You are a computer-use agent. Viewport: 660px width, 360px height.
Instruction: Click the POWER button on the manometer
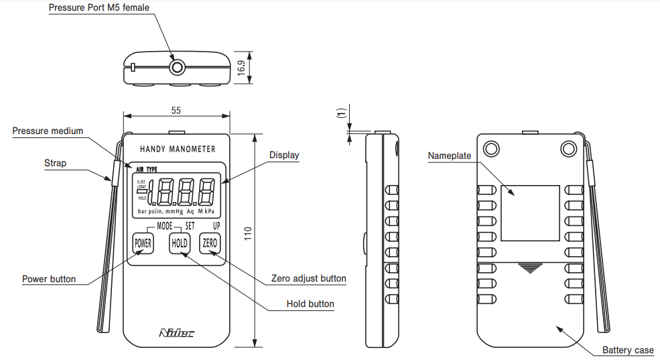point(143,243)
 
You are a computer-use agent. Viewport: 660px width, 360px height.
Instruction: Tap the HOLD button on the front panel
point(180,243)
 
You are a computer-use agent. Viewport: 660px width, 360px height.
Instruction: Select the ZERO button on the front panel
point(210,243)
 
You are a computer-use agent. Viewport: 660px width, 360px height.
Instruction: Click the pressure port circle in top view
point(178,67)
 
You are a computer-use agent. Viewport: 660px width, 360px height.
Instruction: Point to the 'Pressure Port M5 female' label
point(99,8)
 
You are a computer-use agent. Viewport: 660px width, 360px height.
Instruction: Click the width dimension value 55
point(176,110)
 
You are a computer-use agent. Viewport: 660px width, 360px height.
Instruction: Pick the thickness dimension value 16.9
point(241,68)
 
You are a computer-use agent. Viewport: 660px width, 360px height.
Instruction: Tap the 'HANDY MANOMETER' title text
point(178,149)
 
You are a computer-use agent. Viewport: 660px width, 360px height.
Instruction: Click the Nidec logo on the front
point(177,333)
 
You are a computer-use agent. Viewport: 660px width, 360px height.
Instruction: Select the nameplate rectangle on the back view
point(530,213)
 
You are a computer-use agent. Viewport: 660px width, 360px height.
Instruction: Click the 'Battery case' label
point(627,351)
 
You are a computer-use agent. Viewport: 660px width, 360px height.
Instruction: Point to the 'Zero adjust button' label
point(309,278)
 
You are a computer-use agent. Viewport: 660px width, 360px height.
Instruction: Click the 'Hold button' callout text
point(310,304)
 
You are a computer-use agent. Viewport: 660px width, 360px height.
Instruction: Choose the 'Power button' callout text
point(49,279)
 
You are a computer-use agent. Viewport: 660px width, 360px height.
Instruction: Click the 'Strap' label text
point(56,163)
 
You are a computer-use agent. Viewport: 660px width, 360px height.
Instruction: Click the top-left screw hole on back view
point(491,147)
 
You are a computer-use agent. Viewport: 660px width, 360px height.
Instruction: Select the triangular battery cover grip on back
point(530,267)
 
